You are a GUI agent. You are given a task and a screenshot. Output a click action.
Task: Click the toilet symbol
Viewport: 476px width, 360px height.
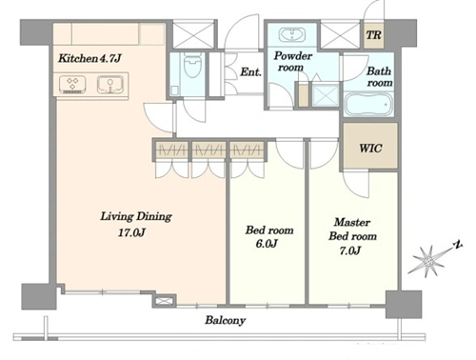click(x=191, y=66)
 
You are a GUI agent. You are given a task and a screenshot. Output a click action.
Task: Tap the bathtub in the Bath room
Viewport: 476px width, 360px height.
click(x=368, y=104)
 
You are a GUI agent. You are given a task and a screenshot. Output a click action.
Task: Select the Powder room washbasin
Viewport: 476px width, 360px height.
click(x=292, y=34)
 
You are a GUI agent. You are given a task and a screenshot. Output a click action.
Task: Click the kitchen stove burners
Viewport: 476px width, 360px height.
click(x=72, y=85)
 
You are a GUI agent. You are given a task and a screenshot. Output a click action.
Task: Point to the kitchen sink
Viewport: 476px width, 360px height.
click(x=110, y=85)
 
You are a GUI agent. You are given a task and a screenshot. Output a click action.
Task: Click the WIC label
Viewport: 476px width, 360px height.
click(x=370, y=148)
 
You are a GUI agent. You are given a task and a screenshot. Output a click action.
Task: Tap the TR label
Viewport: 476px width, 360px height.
click(x=373, y=35)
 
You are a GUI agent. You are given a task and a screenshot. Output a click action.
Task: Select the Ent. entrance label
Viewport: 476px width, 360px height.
click(x=250, y=72)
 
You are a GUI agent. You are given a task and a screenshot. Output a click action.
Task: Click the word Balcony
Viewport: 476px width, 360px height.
click(x=225, y=320)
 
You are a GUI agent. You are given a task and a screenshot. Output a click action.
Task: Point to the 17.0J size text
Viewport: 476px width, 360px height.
click(x=131, y=232)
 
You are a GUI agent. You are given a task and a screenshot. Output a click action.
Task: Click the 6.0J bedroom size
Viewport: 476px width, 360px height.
click(x=267, y=244)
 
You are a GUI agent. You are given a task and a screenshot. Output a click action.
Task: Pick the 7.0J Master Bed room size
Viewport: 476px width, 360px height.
click(x=350, y=250)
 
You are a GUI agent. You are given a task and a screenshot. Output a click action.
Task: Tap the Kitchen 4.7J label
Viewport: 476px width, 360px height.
click(x=89, y=58)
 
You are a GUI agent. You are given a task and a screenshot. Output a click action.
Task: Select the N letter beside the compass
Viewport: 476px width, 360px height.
click(x=457, y=245)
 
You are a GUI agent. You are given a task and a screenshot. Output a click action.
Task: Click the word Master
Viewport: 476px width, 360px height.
click(x=352, y=222)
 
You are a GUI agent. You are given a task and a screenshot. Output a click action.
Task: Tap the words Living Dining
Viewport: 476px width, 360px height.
click(x=136, y=216)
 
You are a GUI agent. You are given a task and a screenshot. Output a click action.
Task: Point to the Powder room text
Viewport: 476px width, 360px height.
click(x=292, y=61)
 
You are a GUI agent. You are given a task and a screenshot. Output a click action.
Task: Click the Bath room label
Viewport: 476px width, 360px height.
click(x=380, y=76)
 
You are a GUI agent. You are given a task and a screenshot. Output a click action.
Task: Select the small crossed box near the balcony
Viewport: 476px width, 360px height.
click(x=165, y=300)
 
